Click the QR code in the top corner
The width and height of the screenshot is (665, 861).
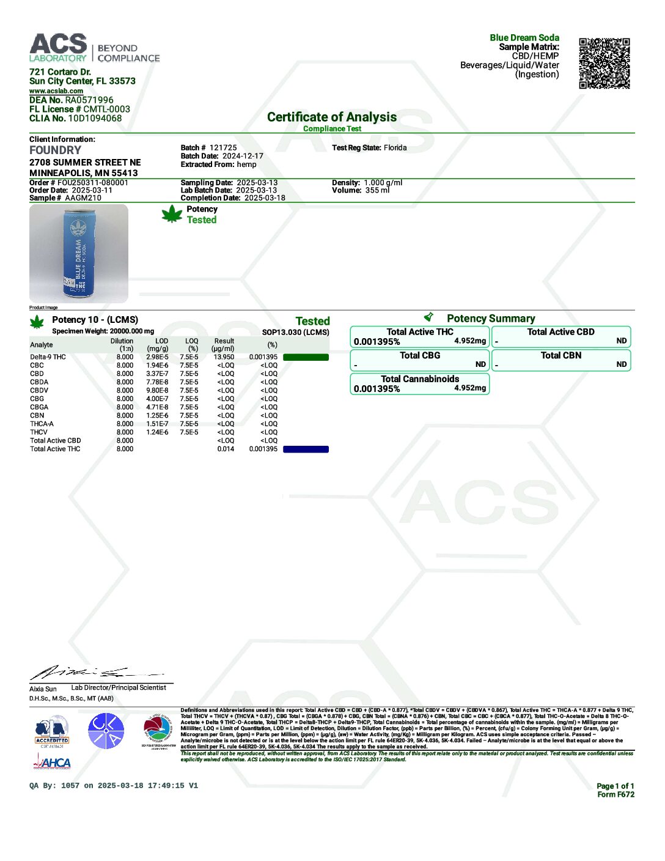(x=604, y=64)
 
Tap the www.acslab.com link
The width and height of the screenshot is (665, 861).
(x=56, y=91)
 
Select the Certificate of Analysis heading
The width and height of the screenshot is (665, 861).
(x=332, y=117)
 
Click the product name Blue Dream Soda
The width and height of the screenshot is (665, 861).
(x=524, y=38)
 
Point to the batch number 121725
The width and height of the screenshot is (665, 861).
(x=223, y=148)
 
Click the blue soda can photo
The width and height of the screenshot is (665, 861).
(x=79, y=254)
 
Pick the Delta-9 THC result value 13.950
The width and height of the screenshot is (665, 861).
(x=224, y=357)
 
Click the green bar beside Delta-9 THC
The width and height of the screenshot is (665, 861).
(x=306, y=357)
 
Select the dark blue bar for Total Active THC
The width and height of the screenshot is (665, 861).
(x=306, y=449)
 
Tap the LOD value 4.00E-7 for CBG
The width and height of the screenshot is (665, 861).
(x=157, y=399)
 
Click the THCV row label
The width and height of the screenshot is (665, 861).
(x=39, y=432)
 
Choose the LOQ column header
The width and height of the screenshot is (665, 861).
(x=192, y=345)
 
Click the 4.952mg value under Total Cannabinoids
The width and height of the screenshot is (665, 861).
(x=470, y=388)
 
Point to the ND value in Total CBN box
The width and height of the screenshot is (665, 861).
(x=621, y=364)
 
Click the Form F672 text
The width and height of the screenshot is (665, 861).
(x=615, y=795)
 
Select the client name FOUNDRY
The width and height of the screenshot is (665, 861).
(x=56, y=150)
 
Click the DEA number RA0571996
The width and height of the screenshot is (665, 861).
(x=89, y=100)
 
